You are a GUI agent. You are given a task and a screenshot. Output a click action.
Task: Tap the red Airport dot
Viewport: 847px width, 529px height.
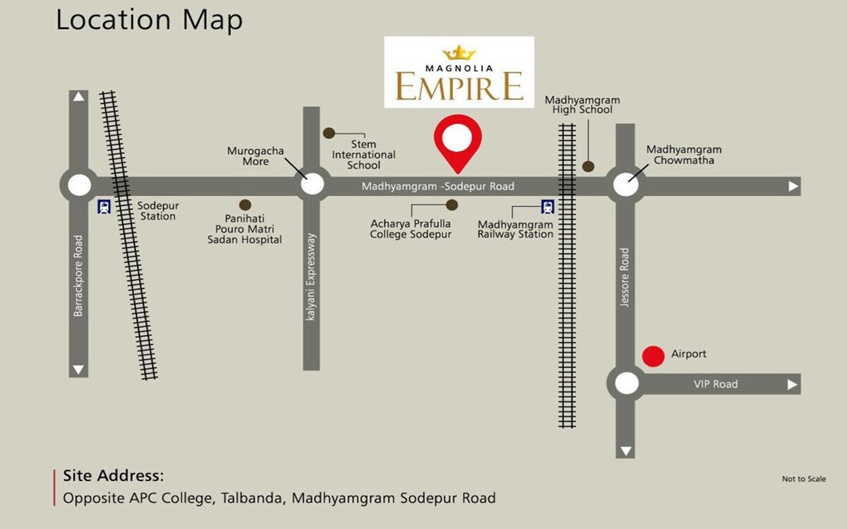pos(654,356)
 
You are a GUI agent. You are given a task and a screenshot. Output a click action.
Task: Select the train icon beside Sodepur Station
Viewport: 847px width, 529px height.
pos(104,207)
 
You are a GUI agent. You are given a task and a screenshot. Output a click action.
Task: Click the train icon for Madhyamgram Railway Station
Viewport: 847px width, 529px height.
pos(548,207)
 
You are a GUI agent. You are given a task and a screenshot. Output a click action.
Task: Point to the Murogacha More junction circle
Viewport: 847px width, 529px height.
pos(312,185)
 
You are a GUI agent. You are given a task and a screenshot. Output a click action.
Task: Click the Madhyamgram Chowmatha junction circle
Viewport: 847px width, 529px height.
pos(625,185)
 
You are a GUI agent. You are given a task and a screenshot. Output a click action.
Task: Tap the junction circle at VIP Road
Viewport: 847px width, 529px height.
pos(626,384)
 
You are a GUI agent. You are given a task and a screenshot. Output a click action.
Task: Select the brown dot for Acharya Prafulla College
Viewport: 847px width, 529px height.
pos(452,205)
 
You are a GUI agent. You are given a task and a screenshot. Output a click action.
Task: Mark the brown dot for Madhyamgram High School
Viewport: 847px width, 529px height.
pos(588,166)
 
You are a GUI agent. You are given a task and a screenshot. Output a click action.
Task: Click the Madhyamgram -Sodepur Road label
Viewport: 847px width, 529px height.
pos(438,186)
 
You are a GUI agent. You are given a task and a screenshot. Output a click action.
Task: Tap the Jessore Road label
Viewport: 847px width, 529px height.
pos(624,277)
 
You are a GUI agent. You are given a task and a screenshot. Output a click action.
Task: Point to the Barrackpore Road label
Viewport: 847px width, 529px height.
pos(78,276)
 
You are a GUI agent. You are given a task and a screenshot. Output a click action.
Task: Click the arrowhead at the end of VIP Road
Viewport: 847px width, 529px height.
pos(793,384)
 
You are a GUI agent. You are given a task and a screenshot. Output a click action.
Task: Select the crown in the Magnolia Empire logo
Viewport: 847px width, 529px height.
pos(459,53)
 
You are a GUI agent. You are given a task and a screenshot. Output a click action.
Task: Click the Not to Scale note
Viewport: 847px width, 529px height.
pos(803,479)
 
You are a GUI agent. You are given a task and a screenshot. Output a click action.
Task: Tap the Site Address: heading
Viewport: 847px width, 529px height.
pos(113,475)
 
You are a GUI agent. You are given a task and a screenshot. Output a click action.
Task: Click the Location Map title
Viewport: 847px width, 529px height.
pos(149,20)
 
